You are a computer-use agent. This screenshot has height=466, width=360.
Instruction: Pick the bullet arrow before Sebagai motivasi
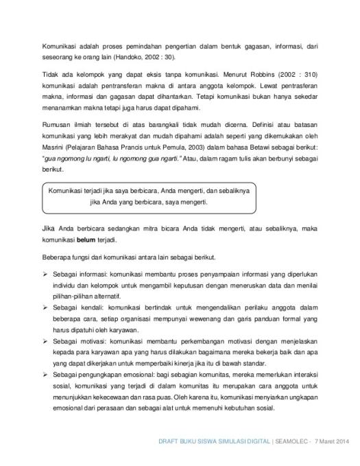tap(45, 340)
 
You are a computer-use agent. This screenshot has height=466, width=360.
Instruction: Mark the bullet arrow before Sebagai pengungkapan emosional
tap(45, 374)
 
